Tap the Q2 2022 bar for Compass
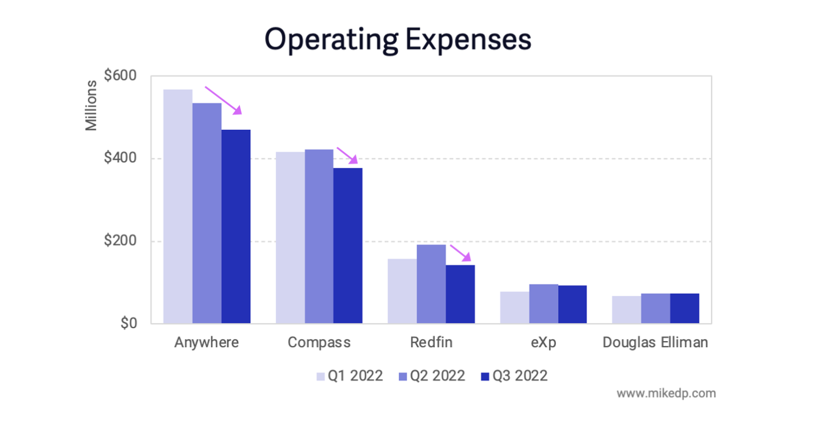(319, 236)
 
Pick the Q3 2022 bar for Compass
(348, 246)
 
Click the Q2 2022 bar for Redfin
(431, 284)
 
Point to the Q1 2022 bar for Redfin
(402, 291)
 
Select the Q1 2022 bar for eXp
(514, 307)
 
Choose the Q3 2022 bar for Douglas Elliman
(685, 308)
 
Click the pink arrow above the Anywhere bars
(223, 100)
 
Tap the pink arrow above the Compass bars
(347, 155)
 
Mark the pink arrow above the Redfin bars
(460, 253)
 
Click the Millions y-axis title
(91, 106)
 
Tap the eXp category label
(543, 343)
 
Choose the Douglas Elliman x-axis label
(655, 343)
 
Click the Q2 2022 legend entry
(431, 376)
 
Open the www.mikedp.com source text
(666, 393)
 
